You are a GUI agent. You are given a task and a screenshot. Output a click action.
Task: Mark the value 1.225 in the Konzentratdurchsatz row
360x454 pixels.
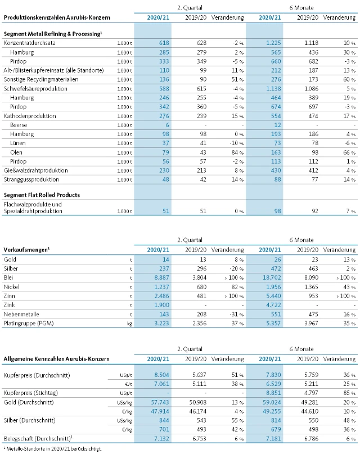[272, 43]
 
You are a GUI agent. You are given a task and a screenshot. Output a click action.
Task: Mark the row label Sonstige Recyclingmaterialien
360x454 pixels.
[41, 79]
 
